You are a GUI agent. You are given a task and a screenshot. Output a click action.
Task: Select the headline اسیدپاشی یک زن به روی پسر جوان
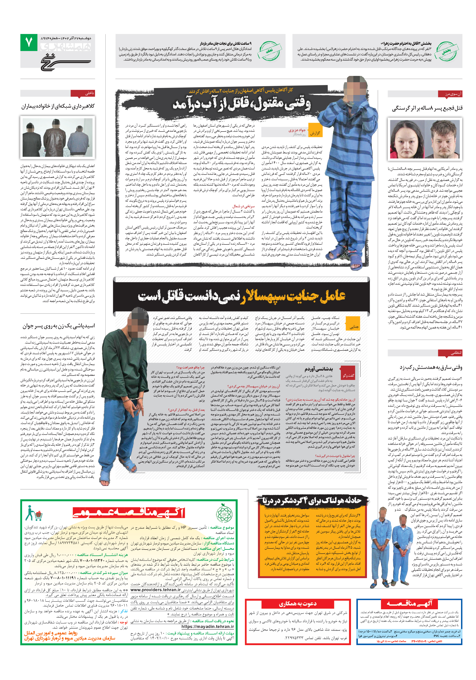[x=59, y=326]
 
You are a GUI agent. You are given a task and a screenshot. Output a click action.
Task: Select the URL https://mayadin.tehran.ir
[x=207, y=626]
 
